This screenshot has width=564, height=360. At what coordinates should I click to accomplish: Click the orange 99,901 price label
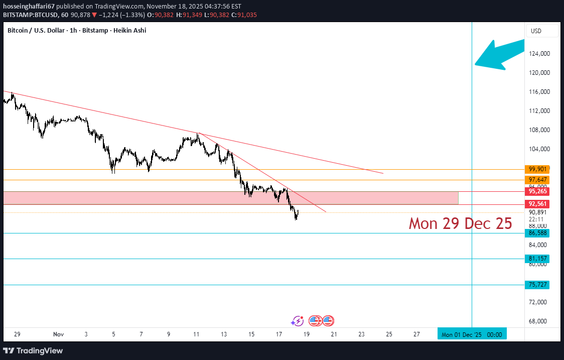[x=536, y=169]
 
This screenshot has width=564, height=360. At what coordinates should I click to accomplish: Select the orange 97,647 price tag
[x=536, y=180]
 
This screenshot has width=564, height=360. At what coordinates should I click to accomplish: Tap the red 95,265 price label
[x=536, y=191]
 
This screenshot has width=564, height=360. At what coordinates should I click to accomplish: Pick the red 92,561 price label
[x=536, y=204]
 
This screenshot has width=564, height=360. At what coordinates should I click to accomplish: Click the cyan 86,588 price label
[x=536, y=233]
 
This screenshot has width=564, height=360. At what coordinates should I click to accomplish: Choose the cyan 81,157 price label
[x=536, y=259]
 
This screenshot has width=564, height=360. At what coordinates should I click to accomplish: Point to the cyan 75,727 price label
[x=536, y=285]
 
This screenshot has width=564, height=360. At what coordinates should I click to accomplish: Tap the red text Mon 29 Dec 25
[x=460, y=223]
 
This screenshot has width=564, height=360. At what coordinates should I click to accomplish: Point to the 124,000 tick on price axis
[x=540, y=54]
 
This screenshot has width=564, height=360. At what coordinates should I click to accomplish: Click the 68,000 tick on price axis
[x=540, y=321]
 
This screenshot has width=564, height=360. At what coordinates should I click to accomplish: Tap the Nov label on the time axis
[x=58, y=334]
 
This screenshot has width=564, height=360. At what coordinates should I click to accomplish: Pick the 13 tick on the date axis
[x=224, y=334]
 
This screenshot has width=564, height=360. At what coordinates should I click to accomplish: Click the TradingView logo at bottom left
[x=33, y=350]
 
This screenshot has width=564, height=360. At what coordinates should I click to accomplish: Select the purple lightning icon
[x=298, y=320]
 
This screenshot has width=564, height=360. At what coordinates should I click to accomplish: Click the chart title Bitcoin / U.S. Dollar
[x=36, y=31]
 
